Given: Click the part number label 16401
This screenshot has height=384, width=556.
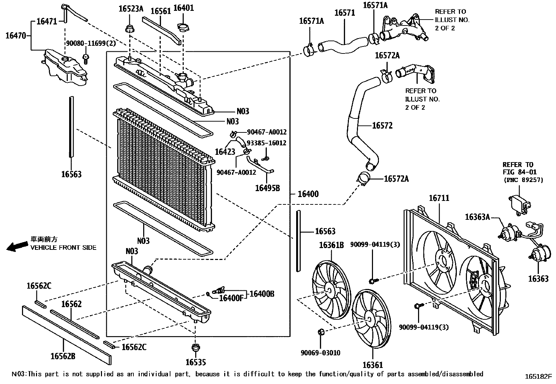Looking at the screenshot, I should pyautogui.click(x=183, y=8).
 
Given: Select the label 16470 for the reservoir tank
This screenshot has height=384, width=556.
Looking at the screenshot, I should pyautogui.click(x=16, y=35).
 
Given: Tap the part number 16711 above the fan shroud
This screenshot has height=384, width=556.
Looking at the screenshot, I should pyautogui.click(x=439, y=198).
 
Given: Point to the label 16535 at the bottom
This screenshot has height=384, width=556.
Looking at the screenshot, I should pyautogui.click(x=196, y=362).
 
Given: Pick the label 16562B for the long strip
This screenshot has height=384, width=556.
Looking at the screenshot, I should pyautogui.click(x=63, y=356).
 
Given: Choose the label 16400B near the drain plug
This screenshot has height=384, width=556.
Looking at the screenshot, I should pyautogui.click(x=262, y=294).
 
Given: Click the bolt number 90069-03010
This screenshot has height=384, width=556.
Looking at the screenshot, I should pyautogui.click(x=320, y=353).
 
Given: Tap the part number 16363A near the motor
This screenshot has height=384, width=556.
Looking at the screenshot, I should pyautogui.click(x=477, y=217).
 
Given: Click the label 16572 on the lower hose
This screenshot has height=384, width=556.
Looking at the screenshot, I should pyautogui.click(x=382, y=125).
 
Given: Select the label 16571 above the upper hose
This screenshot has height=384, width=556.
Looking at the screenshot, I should pyautogui.click(x=344, y=13).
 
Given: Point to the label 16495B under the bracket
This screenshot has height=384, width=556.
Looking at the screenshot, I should pyautogui.click(x=268, y=188).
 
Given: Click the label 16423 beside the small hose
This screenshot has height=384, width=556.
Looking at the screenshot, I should pyautogui.click(x=225, y=152).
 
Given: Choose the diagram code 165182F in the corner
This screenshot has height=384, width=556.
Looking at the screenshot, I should pyautogui.click(x=538, y=377).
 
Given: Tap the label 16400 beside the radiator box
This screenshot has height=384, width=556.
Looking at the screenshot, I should pyautogui.click(x=308, y=194).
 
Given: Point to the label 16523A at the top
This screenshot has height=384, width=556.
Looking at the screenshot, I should pyautogui.click(x=131, y=9).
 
